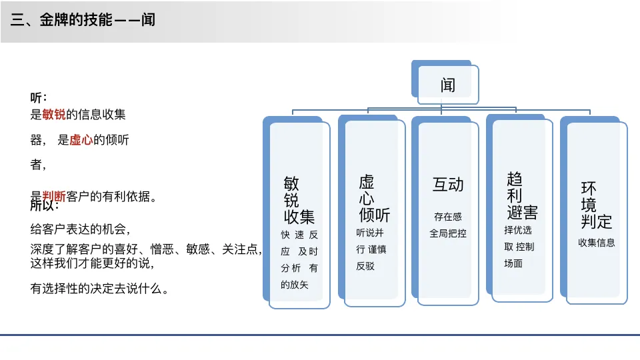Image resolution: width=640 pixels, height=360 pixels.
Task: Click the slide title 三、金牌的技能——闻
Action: coord(83,20)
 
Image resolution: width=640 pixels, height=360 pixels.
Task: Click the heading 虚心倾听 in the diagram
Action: coord(373,198)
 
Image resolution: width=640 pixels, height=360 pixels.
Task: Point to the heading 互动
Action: coord(448,185)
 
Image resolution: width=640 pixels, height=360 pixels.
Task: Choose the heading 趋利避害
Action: coord(521,196)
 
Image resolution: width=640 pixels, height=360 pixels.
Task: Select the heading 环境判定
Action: coord(596,205)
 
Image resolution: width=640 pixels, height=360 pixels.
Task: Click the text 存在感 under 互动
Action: coord(448,217)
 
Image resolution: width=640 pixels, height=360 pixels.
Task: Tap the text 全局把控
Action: coord(448,233)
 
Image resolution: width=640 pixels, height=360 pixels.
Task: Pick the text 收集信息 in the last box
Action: coord(596,243)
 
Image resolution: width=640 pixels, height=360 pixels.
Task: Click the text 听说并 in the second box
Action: coord(370,233)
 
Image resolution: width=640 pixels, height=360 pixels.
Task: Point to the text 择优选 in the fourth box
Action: coord(518,230)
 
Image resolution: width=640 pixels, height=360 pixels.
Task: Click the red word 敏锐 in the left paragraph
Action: coord(54,115)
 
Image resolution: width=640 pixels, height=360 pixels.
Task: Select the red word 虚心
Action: coord(81,140)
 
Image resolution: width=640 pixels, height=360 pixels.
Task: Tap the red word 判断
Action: coord(54,196)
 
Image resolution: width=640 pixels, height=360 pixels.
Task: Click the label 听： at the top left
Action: coord(39,98)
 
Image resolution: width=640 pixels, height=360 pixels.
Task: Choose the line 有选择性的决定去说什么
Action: coord(99,289)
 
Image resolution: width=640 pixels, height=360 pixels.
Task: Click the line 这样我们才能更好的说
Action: coord(93,263)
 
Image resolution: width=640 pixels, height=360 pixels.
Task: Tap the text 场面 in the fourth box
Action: coord(513,263)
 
